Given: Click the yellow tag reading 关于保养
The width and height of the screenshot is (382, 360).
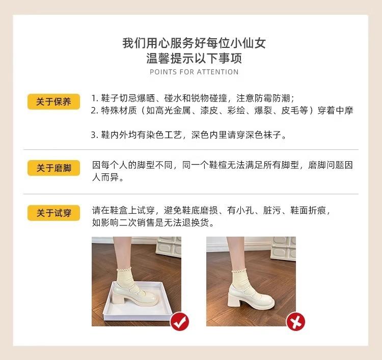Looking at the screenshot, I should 53,101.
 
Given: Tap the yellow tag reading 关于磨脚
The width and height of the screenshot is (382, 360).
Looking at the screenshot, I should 53,168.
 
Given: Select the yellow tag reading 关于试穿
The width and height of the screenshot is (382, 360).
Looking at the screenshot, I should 53,213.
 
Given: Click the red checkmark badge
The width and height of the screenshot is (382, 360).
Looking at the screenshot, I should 179,321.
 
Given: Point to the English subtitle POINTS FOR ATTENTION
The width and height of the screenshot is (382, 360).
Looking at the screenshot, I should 194,72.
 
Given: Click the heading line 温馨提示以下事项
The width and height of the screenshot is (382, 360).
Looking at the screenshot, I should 194,58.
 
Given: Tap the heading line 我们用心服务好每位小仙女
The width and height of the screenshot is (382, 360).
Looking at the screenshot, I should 194,43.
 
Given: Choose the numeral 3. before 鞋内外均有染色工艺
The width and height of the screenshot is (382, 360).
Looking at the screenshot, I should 94,135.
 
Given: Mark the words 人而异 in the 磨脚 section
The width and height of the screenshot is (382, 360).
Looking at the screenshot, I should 107,178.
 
